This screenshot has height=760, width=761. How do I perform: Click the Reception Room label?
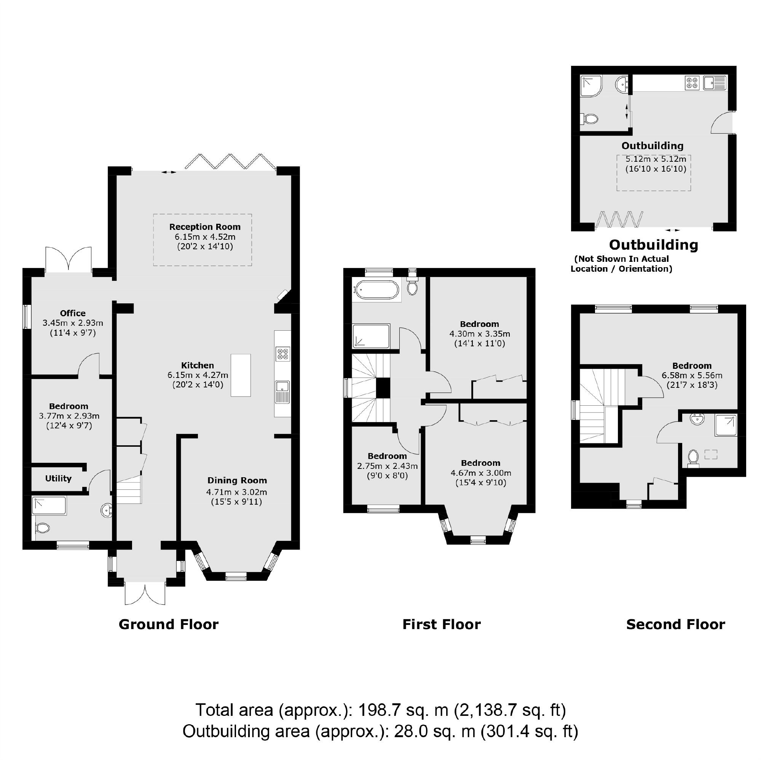(x=205, y=227)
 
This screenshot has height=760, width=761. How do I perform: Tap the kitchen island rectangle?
(x=241, y=375)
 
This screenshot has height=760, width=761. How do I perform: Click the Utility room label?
(x=58, y=478)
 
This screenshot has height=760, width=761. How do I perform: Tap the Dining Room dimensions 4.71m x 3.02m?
(x=236, y=492)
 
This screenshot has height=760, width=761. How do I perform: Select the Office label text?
(x=72, y=313)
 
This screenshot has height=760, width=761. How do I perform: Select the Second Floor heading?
(x=675, y=625)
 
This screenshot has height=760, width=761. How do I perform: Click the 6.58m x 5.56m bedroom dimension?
(x=692, y=375)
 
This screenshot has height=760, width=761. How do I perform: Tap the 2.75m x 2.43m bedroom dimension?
(x=387, y=466)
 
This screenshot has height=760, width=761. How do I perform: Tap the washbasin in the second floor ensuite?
(x=697, y=420)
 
